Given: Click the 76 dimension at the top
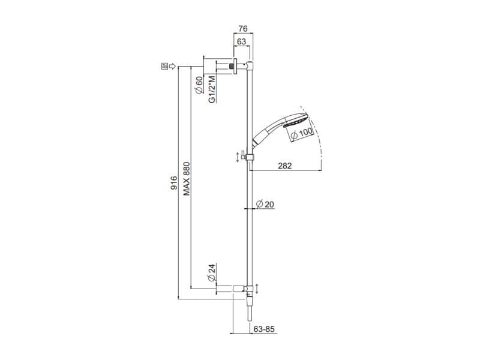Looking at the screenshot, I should [243, 29].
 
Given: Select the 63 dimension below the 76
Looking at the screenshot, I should [241, 41].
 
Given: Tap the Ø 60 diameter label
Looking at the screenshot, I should [199, 85].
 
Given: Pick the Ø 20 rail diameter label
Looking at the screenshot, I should [265, 204].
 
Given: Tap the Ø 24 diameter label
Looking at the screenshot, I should [211, 272].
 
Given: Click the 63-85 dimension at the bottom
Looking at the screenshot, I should [263, 329].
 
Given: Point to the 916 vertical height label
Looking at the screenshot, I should [173, 182].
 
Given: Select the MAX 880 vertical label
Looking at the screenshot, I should [187, 178].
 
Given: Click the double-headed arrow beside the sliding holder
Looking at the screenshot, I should [238, 157].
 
